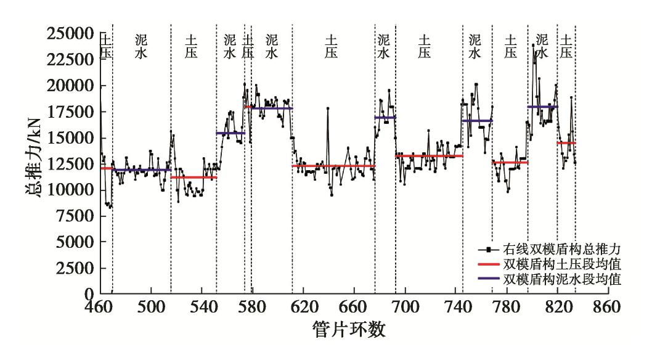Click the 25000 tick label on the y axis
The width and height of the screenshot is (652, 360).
70,33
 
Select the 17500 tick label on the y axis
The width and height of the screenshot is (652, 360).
70,112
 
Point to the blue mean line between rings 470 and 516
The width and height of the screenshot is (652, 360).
142,170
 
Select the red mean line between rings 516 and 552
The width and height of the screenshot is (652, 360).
194,178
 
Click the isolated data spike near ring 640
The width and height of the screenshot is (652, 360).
328,108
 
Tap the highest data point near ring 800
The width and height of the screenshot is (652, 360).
533,44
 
